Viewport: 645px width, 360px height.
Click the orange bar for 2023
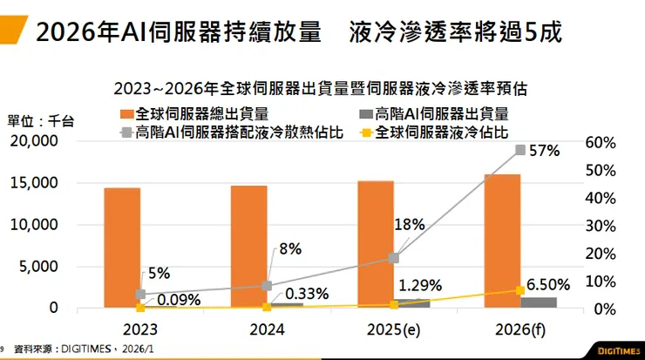pyautogui.click(x=122, y=248)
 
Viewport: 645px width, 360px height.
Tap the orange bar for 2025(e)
pyautogui.click(x=375, y=244)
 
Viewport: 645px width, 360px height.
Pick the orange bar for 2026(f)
pyautogui.click(x=502, y=241)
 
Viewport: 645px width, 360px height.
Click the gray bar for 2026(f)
pyautogui.click(x=538, y=302)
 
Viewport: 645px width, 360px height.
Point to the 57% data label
pyautogui.click(x=544, y=150)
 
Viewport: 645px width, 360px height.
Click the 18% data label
pyautogui.click(x=409, y=225)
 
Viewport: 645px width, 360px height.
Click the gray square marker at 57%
pyautogui.click(x=520, y=150)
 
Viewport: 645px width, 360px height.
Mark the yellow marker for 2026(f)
pyautogui.click(x=520, y=290)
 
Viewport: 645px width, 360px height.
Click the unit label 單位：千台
pyautogui.click(x=41, y=121)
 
